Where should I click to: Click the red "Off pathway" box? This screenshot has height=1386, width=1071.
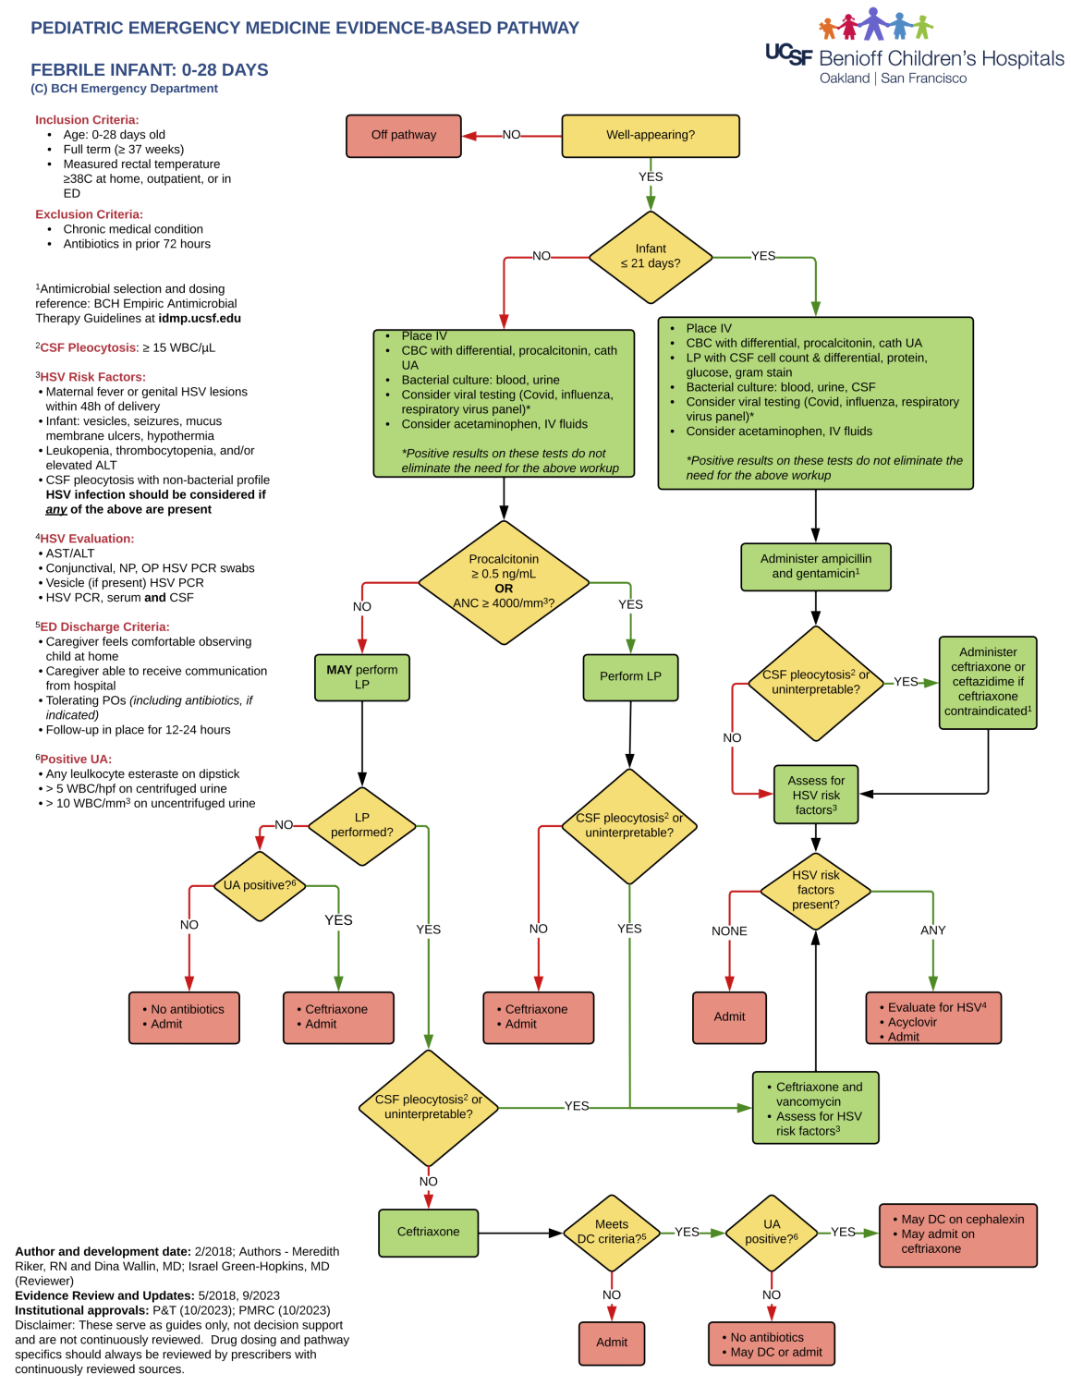[x=403, y=136]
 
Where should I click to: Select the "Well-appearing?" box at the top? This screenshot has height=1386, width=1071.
[x=650, y=136]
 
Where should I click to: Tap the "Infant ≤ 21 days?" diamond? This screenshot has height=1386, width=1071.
[x=651, y=257]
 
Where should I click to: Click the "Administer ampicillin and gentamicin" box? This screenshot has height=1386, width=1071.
[x=815, y=566]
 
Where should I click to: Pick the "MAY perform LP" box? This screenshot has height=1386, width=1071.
[x=361, y=677]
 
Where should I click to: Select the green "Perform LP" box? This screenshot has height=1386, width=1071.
[x=630, y=677]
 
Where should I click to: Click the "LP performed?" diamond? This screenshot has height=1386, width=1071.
[x=361, y=825]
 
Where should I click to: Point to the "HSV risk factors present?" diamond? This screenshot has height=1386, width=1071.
[x=815, y=890]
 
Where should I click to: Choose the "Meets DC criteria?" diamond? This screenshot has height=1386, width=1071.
[x=611, y=1232]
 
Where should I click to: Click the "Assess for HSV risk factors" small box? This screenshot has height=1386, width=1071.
[x=815, y=795]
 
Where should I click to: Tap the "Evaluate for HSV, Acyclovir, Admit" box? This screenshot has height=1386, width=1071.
[x=932, y=1018]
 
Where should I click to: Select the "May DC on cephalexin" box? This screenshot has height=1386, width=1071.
[x=957, y=1234]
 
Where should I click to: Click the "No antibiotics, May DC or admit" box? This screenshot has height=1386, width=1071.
[x=771, y=1343]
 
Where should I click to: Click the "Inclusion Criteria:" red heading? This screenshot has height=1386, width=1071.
[x=87, y=120]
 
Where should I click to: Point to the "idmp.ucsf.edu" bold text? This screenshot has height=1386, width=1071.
[x=200, y=319]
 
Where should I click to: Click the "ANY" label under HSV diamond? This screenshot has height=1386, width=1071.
[x=932, y=930]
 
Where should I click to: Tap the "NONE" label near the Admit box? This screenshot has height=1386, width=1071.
[x=729, y=931]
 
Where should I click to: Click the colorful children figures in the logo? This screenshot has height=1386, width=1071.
[x=874, y=25]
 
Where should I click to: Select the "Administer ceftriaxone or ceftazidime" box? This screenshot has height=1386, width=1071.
[x=987, y=682]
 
